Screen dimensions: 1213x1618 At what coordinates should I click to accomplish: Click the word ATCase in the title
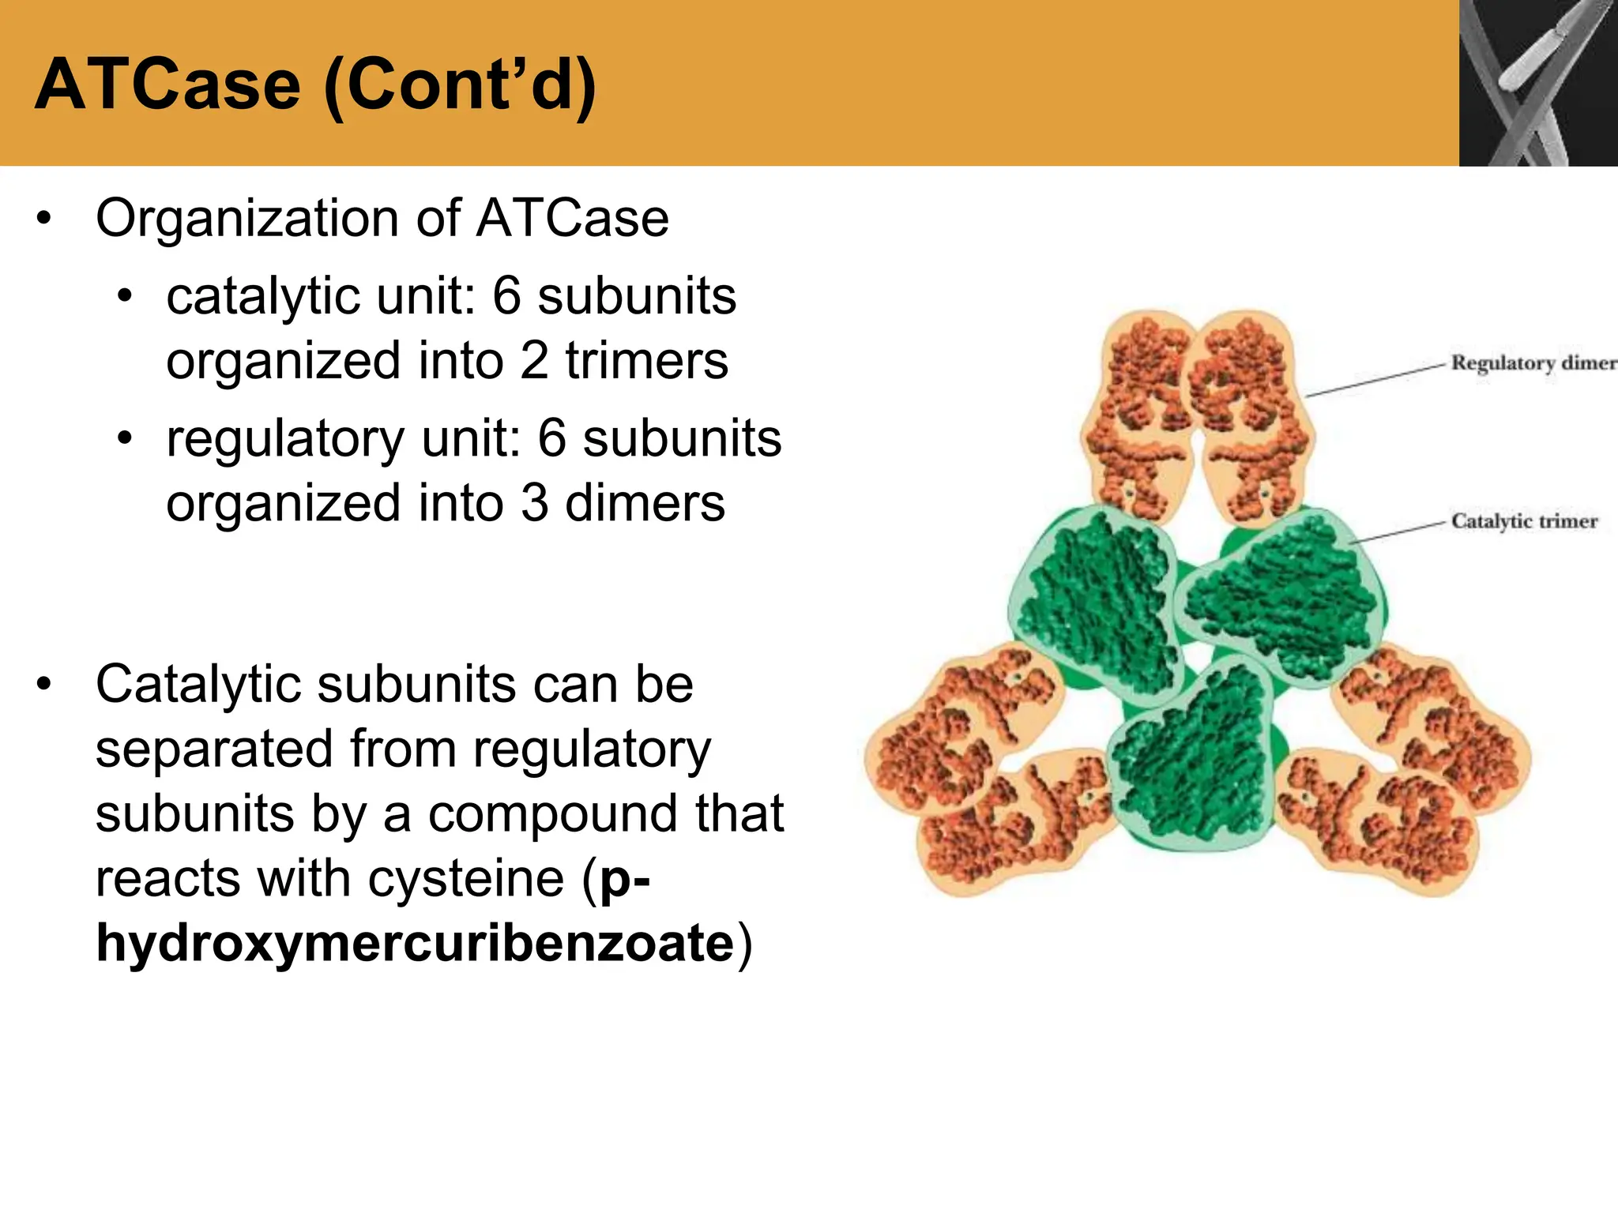pyautogui.click(x=167, y=84)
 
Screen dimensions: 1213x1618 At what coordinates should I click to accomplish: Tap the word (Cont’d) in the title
pyautogui.click(x=460, y=86)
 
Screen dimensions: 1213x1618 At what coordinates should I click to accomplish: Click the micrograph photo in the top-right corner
pyautogui.click(x=1537, y=82)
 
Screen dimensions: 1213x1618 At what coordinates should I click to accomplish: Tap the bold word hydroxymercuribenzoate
pyautogui.click(x=415, y=943)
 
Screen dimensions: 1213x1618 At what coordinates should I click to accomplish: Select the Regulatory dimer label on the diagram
pyautogui.click(x=1533, y=363)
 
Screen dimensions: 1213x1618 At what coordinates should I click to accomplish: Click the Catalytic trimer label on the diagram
pyautogui.click(x=1524, y=521)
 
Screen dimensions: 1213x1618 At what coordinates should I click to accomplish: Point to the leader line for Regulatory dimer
pyautogui.click(x=1375, y=380)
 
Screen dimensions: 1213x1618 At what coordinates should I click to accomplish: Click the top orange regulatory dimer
pyautogui.click(x=1198, y=415)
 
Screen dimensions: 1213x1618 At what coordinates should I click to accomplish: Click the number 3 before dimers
pyautogui.click(x=534, y=503)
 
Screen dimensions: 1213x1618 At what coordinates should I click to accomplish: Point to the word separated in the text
pyautogui.click(x=213, y=749)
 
